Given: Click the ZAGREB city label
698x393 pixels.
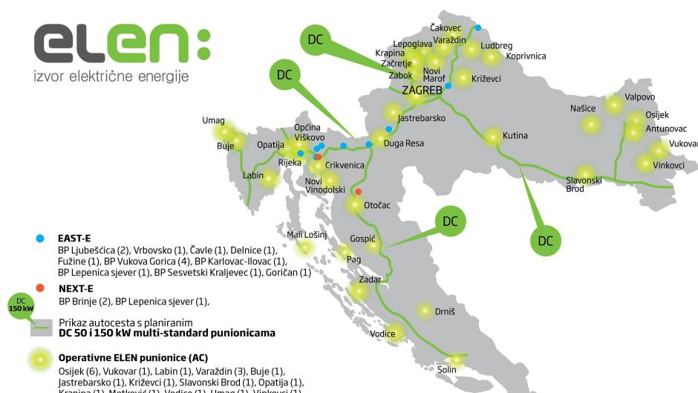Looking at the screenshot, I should (x=422, y=90).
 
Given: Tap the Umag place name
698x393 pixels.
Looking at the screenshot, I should (x=213, y=120).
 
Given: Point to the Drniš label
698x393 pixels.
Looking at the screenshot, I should (x=445, y=312).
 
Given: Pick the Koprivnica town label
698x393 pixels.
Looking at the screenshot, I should (x=526, y=56).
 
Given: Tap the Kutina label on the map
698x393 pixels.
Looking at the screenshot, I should (x=515, y=136).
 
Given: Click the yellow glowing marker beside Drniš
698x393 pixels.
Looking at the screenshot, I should (x=424, y=311).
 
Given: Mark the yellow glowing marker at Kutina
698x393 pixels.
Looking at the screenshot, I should (x=492, y=137).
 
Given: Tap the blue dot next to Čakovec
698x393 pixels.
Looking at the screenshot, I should (x=478, y=28).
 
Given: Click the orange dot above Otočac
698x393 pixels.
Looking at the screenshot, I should (x=358, y=192).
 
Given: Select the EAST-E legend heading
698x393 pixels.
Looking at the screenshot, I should (x=74, y=238).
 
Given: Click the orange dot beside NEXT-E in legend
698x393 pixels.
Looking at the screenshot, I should (x=40, y=288).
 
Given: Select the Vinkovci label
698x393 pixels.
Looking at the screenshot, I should (x=668, y=165).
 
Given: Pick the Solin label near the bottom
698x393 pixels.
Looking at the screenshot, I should (x=447, y=369).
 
